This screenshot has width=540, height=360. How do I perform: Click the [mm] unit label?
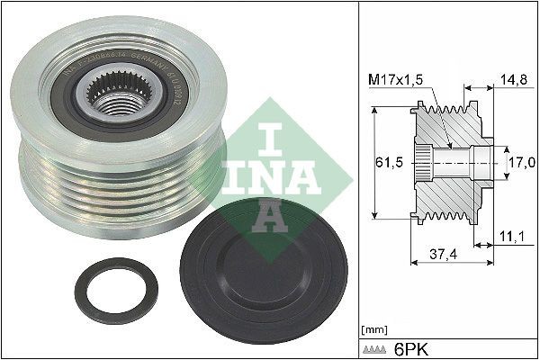click(372, 329)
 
